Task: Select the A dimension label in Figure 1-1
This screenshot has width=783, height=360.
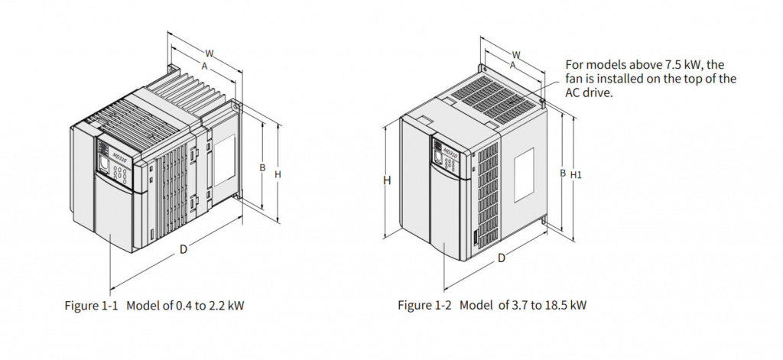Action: point(203,66)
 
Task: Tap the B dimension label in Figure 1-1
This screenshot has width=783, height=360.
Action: point(262,167)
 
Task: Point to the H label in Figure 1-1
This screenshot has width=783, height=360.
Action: point(278,174)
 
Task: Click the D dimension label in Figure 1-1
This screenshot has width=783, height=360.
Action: point(184,249)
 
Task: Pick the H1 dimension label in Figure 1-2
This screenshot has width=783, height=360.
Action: point(576,175)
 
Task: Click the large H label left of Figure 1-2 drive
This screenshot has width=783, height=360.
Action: point(387,180)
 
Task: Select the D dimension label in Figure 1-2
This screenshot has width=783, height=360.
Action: point(502,258)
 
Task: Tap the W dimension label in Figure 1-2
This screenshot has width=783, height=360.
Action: point(516,54)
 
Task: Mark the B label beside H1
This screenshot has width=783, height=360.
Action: point(563,174)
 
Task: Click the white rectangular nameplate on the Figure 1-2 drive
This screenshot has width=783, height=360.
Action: point(524,174)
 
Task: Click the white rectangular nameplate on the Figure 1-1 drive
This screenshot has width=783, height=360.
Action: point(224,160)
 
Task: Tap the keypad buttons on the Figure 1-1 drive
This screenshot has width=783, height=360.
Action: point(120,174)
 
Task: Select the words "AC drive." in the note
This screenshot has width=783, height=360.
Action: point(589,92)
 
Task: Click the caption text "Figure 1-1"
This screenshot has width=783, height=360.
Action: point(92,305)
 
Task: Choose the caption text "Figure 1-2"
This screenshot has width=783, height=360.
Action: point(424,304)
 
